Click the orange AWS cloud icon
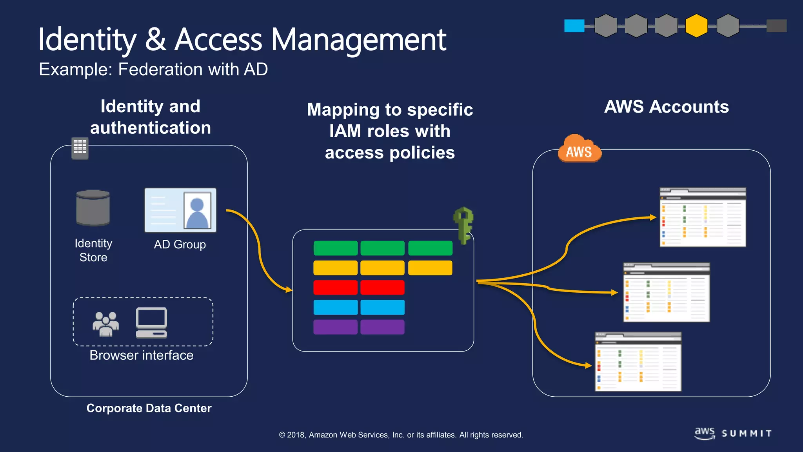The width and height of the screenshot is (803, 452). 579,149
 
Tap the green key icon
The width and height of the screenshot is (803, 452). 464,225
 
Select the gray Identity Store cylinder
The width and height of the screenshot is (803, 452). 93,208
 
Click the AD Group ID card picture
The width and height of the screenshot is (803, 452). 180,210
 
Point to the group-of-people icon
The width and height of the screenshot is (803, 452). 105,324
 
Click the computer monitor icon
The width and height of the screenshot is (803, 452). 151,323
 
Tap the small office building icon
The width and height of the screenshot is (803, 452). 80,148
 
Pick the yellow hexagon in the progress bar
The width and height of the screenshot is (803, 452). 696,26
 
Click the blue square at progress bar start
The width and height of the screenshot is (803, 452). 574,26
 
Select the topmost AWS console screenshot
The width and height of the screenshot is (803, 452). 703,217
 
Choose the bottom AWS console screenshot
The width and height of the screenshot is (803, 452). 638,362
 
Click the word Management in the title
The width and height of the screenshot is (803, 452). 358,40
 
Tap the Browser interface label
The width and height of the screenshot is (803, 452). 141,355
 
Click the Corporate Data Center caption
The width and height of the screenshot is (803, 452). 149,408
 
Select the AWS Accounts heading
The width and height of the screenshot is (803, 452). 666,107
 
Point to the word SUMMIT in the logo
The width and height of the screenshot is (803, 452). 747,434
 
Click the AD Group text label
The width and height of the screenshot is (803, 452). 180,244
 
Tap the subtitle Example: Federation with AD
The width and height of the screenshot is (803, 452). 153,69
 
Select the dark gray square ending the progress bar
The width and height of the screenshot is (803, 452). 776,26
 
